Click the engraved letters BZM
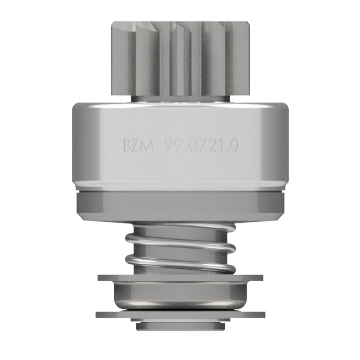[138, 145]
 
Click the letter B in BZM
[127, 145]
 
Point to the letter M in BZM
[148, 145]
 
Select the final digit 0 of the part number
[234, 146]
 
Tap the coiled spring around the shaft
[180, 249]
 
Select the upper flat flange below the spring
[180, 278]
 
